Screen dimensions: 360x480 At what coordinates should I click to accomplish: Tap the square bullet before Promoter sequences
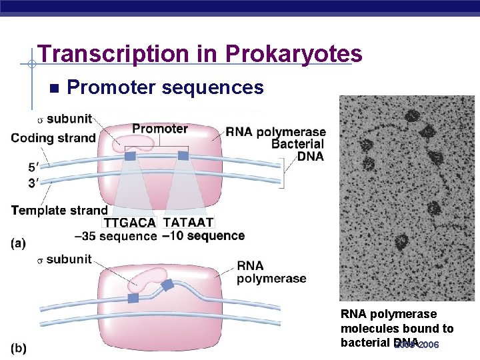[x=54, y=88]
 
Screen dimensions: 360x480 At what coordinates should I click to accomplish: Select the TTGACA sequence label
[x=129, y=223]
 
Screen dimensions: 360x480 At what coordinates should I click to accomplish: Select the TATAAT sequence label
[x=188, y=223]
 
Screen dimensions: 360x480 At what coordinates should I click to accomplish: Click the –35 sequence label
[x=115, y=236]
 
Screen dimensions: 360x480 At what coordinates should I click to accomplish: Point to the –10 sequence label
[x=203, y=236]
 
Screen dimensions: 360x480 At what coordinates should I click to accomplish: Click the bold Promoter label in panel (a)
[x=160, y=129]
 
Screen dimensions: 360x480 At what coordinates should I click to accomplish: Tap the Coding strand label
[x=53, y=139]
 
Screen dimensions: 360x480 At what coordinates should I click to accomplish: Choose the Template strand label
[x=59, y=211]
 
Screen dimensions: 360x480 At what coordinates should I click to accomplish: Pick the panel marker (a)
[x=19, y=243]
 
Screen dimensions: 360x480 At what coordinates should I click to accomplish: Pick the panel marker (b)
[x=19, y=349]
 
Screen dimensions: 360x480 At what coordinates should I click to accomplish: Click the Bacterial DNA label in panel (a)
[x=297, y=150]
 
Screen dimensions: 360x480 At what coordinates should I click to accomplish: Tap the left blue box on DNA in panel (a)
[x=131, y=155]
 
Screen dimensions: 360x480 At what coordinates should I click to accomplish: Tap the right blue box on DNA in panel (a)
[x=183, y=155]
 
